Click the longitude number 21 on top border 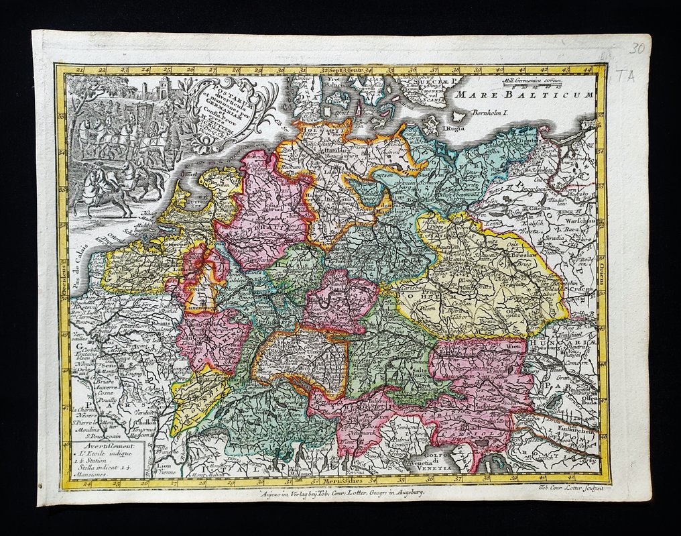(x=80, y=68)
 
